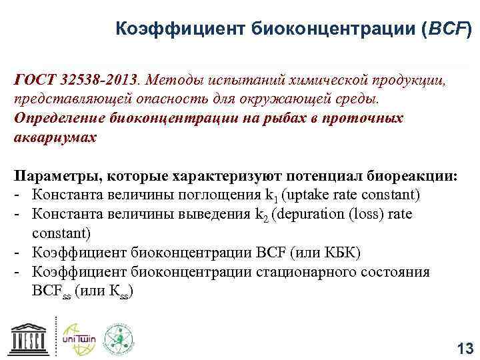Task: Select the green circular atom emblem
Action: [x=118, y=338]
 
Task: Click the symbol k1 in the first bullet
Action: [x=269, y=196]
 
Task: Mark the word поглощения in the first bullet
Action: [x=224, y=196]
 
